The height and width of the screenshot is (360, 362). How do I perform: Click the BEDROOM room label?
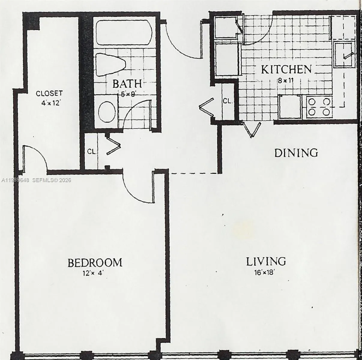pos(95,262)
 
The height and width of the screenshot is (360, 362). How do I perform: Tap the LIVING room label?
pos(266,261)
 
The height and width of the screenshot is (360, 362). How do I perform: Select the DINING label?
pos(296,153)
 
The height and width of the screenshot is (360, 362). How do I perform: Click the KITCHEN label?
pos(286,70)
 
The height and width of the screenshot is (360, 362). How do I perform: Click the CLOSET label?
pos(49,93)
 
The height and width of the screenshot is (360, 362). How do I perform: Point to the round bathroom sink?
pos(107,111)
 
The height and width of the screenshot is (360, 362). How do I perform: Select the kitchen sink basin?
pos(344,54)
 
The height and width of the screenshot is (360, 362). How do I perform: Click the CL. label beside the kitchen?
pos(228,101)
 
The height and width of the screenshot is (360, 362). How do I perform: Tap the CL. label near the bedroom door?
pos(92,152)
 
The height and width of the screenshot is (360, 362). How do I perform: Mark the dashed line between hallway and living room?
pos(193,173)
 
